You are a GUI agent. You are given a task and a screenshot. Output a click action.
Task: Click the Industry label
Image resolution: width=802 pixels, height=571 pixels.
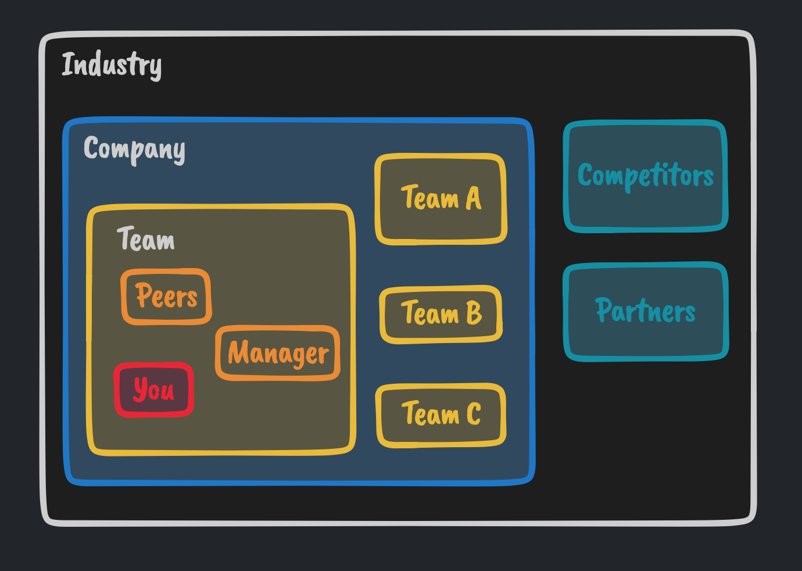(x=112, y=65)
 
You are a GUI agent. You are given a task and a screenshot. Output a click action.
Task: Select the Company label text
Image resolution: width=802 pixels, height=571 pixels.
(x=134, y=149)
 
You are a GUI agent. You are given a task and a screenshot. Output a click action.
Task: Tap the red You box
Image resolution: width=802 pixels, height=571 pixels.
(x=154, y=390)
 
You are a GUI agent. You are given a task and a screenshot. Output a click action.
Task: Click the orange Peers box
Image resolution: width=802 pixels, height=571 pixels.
(x=166, y=296)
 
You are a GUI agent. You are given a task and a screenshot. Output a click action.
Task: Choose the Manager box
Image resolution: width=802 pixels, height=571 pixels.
(x=278, y=353)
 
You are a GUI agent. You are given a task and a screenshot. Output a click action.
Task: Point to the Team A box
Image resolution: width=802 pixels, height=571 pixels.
(x=441, y=198)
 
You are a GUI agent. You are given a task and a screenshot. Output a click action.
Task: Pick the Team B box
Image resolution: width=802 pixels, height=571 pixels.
(x=441, y=314)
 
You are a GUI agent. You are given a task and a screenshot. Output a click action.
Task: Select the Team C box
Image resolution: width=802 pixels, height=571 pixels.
(x=441, y=415)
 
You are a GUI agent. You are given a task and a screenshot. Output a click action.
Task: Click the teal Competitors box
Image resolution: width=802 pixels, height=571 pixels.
(x=645, y=176)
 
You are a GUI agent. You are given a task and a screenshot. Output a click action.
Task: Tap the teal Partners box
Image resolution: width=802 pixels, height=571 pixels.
(x=645, y=311)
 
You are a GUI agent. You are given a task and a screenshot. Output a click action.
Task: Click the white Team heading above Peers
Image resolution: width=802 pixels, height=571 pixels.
(x=146, y=239)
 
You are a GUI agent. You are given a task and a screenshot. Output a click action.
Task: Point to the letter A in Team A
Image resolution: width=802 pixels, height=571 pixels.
(x=474, y=198)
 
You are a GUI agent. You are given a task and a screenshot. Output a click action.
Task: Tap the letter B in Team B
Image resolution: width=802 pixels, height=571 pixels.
(x=474, y=313)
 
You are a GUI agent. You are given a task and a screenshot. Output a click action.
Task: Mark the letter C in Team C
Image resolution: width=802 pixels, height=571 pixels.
(x=474, y=415)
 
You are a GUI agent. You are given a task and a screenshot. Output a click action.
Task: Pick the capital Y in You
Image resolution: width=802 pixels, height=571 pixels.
(x=140, y=388)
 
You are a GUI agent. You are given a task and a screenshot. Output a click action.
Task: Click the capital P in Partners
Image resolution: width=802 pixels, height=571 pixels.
(x=605, y=309)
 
